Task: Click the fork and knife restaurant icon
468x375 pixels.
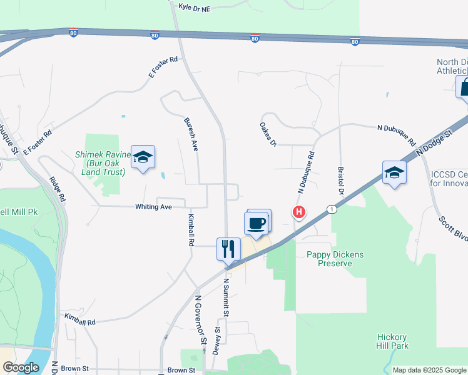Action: pos(228,249)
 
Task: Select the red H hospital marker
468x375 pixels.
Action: pos(299,212)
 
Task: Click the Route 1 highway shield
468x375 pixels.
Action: pos(332,209)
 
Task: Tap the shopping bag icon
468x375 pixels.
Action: pos(464,87)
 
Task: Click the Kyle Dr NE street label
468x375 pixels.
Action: pos(195,7)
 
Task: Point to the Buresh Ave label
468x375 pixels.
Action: pos(190,134)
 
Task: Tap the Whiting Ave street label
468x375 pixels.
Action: pos(153,206)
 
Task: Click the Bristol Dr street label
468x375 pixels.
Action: pos(341,179)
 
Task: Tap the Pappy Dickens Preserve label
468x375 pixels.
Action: pos(330,259)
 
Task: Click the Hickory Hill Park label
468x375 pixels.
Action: pos(392,341)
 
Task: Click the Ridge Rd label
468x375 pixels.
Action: pos(59,187)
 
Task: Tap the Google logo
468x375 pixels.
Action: pos(21,367)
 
